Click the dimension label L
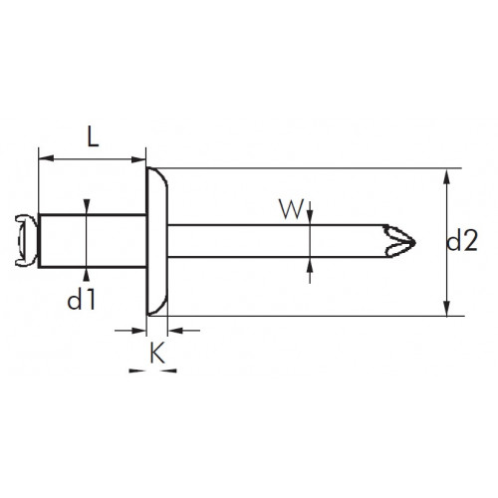pos(93,136)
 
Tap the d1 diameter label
pos(82,299)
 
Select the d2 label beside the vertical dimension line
pos(462,240)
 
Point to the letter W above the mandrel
pos(292,209)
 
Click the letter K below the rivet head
pos(157,353)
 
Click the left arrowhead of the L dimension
pos(46,158)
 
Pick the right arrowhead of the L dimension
pos(138,159)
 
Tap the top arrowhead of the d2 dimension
pos(447,176)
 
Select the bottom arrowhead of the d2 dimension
pos(447,308)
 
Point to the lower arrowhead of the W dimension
pos(310,265)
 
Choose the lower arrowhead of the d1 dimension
pos(87,275)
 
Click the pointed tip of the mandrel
pos(415,242)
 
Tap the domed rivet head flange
pos(157,241)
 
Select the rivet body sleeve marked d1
pos(93,241)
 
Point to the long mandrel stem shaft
pos(276,241)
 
